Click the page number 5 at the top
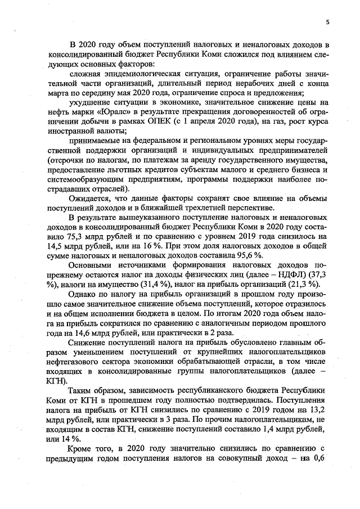coord(327,22)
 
